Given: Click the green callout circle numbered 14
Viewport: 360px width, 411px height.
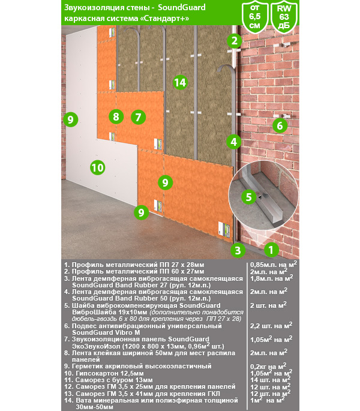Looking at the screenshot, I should (179, 83).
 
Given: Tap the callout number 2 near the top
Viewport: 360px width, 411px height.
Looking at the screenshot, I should (234, 41).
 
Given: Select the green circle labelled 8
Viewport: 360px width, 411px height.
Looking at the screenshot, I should (116, 117).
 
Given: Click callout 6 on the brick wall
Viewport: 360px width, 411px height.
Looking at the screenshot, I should (278, 125).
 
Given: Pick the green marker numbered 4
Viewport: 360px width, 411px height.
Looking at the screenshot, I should (234, 142).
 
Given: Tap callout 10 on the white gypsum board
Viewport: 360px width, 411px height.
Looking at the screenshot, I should (97, 167).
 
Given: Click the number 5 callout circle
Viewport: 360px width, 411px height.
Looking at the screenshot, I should (247, 196).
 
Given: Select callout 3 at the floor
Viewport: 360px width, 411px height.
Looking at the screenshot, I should (238, 250).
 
